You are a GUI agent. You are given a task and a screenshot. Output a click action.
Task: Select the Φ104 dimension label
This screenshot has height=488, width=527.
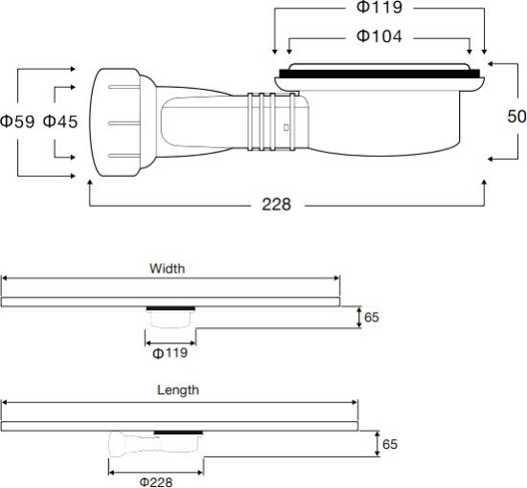[378, 36]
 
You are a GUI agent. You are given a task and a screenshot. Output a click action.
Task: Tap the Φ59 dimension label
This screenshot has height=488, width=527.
[17, 122]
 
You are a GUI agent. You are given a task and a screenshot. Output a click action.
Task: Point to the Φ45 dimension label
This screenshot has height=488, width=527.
[60, 122]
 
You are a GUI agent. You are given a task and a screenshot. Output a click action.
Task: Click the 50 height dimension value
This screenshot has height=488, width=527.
[516, 116]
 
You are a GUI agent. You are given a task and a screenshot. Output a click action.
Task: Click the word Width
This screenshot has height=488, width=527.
[167, 268]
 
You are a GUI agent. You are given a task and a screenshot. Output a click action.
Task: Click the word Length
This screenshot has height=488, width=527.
[177, 389]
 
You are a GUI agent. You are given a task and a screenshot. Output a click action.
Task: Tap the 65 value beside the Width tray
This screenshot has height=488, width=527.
[372, 317]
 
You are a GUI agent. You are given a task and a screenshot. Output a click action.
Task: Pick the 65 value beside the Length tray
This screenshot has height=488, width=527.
[389, 444]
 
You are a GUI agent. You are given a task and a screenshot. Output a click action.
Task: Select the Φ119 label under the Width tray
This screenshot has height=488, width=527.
[170, 353]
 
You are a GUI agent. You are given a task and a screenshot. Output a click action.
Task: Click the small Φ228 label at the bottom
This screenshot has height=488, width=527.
[156, 480]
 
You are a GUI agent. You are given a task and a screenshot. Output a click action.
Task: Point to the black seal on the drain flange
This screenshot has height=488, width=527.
[378, 74]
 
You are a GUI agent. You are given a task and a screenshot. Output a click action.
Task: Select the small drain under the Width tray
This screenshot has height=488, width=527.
[170, 319]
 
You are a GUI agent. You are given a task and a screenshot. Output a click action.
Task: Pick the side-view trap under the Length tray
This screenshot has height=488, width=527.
[153, 444]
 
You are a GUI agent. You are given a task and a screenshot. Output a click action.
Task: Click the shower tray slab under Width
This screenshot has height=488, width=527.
[170, 301]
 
